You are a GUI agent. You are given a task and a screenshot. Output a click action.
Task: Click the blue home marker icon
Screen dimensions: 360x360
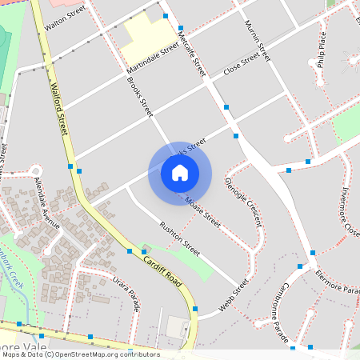click(180, 173)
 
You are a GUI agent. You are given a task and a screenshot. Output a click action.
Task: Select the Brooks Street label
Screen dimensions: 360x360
click(140, 98)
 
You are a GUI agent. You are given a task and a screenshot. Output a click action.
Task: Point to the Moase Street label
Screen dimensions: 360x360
click(202, 210)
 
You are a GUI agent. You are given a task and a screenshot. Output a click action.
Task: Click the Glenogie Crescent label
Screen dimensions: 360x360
click(243, 202)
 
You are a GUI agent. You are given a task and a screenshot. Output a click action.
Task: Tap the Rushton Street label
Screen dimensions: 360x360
click(179, 238)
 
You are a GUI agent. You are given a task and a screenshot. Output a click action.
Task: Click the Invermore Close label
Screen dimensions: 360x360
click(350, 211)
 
